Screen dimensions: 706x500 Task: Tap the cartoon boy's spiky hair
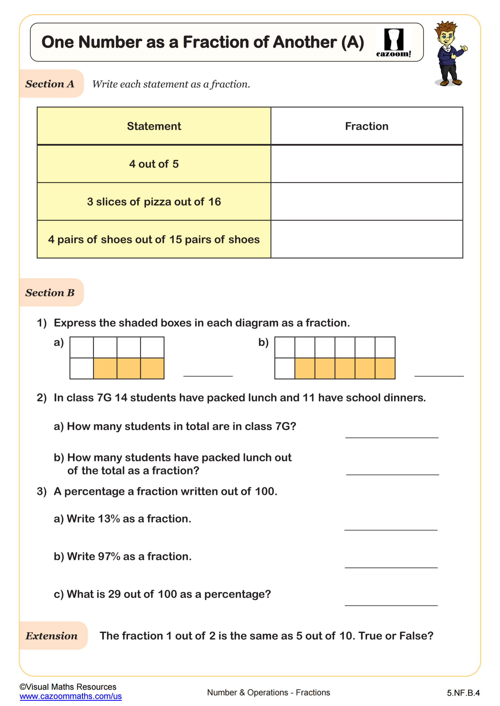pos(446,27)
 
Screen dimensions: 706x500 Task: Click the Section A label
pos(50,84)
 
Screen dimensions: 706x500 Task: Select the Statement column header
pos(154,126)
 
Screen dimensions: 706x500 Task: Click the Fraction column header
pos(366,126)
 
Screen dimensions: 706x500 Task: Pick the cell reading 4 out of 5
pos(154,164)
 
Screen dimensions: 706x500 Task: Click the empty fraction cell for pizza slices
pos(366,202)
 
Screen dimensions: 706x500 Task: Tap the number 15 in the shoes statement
pos(176,240)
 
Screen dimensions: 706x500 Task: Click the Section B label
pos(50,293)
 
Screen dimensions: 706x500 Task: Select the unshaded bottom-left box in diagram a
pos(82,368)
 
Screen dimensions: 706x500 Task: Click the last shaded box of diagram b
pos(385,368)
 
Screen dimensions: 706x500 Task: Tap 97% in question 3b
pos(109,557)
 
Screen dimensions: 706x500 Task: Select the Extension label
pos(52,636)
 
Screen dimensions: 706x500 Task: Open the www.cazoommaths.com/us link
pos(70,696)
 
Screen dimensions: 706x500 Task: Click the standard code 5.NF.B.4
pos(463,693)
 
